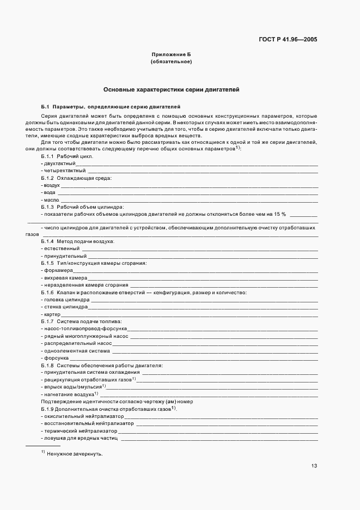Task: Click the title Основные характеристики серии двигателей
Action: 171,89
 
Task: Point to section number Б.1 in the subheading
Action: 45,106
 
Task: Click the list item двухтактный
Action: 59,163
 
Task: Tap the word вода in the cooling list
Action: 49,193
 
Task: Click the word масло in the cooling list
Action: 51,200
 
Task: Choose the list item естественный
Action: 61,248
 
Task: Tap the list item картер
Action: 52,314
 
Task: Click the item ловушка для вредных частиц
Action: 81,438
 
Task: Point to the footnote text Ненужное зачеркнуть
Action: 75,454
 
